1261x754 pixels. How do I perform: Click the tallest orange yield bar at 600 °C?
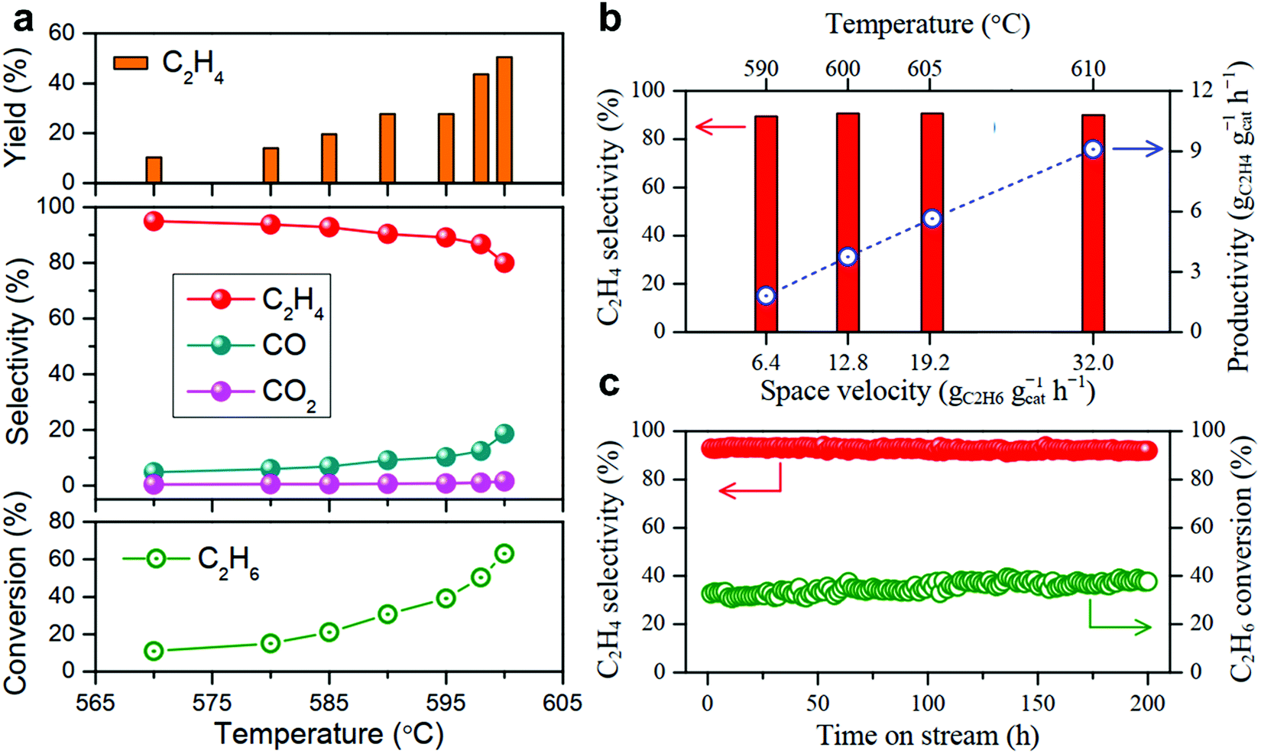click(x=504, y=119)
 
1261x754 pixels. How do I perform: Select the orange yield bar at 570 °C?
click(x=154, y=170)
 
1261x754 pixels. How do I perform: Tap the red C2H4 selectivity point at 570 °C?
click(x=154, y=222)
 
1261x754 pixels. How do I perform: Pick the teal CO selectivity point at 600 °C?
click(x=504, y=434)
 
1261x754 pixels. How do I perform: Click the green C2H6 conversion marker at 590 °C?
click(x=387, y=614)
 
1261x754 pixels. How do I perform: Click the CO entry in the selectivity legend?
click(x=284, y=346)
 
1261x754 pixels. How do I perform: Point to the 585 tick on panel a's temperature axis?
click(x=329, y=701)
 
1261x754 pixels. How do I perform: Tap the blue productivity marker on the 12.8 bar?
click(x=847, y=257)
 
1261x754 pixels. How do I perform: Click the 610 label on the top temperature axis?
click(x=1088, y=69)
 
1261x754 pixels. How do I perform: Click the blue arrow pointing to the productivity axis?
click(x=1136, y=150)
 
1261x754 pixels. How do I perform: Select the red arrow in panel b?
click(x=719, y=127)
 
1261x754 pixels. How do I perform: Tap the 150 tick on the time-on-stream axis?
click(x=1037, y=702)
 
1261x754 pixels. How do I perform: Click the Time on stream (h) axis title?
click(x=927, y=736)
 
